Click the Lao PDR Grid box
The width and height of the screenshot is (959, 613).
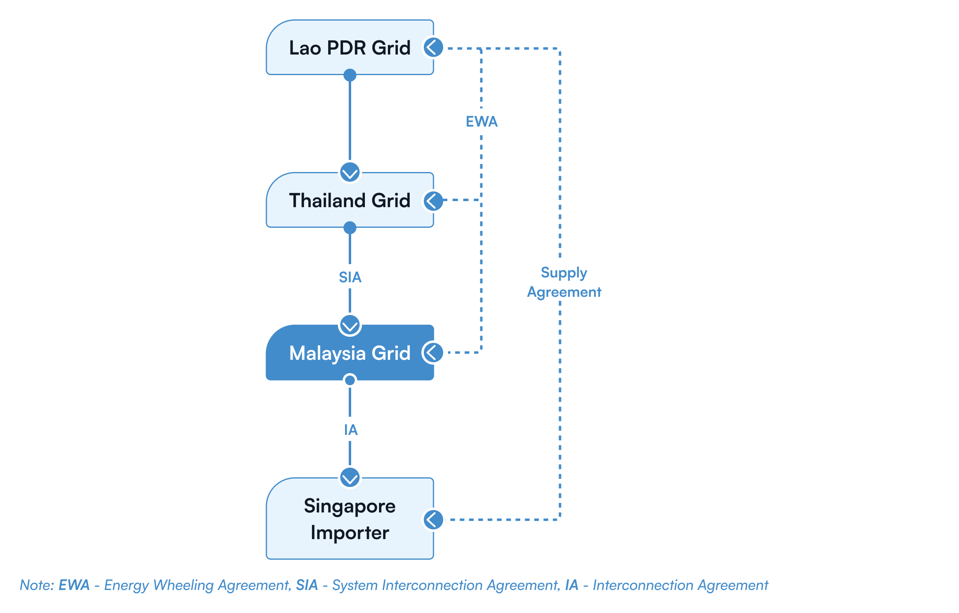tap(350, 48)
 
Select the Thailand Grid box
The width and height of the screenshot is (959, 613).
tap(350, 200)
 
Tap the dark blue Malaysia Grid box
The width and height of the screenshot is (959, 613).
tap(350, 353)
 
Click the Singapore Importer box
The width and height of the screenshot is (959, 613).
tap(350, 519)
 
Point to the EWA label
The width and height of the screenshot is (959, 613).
tap(482, 121)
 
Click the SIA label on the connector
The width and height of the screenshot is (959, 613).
tap(350, 277)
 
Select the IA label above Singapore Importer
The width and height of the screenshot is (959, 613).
tap(351, 429)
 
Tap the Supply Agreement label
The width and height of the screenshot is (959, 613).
tap(564, 281)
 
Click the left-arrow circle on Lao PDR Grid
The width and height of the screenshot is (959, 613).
tap(434, 48)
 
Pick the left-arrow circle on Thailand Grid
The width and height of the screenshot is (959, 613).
tap(434, 200)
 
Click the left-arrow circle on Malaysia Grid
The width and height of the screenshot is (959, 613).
tap(433, 353)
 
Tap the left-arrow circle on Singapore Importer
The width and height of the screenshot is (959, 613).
tap(434, 519)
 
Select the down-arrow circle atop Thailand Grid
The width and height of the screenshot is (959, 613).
tap(350, 172)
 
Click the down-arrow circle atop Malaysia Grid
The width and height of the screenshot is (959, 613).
tap(350, 325)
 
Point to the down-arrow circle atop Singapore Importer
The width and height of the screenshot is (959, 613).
tap(350, 477)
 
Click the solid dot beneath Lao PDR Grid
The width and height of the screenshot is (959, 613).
tap(350, 75)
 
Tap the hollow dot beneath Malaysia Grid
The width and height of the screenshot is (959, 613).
tap(350, 380)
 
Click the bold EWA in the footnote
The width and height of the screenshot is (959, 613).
tap(74, 585)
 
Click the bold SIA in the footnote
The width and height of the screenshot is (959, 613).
tap(307, 585)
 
